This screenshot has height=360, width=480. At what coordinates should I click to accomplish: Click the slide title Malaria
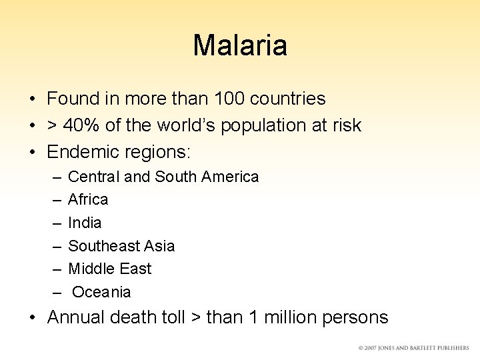tap(240, 45)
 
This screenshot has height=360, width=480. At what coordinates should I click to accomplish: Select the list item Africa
tap(88, 199)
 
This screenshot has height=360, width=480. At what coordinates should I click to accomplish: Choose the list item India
tap(85, 223)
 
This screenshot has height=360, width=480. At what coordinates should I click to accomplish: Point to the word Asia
tap(160, 246)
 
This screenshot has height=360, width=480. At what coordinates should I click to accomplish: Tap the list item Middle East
tap(110, 269)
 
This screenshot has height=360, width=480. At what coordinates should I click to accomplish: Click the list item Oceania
tap(101, 292)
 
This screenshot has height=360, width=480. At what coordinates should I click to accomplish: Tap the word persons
tap(355, 317)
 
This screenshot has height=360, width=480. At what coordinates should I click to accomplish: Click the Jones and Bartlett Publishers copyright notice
tap(413, 348)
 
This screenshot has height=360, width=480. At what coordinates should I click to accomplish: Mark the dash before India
tap(54, 223)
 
